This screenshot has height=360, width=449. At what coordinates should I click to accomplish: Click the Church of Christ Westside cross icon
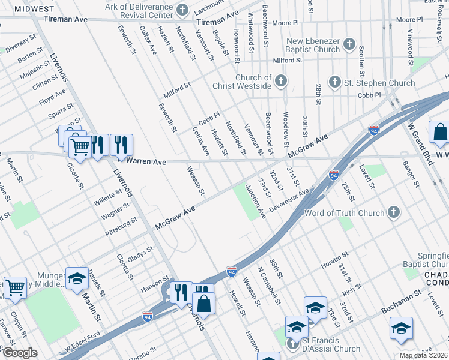coord(280,81)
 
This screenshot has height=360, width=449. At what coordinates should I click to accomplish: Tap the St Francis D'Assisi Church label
coord(330,344)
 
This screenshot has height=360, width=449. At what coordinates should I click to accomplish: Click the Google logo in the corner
coord(20,353)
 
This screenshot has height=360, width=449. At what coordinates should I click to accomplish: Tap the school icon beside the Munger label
coord(77,278)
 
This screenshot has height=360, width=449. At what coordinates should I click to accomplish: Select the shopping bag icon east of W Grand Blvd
coord(439,133)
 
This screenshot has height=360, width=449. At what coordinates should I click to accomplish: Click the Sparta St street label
coord(62,112)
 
